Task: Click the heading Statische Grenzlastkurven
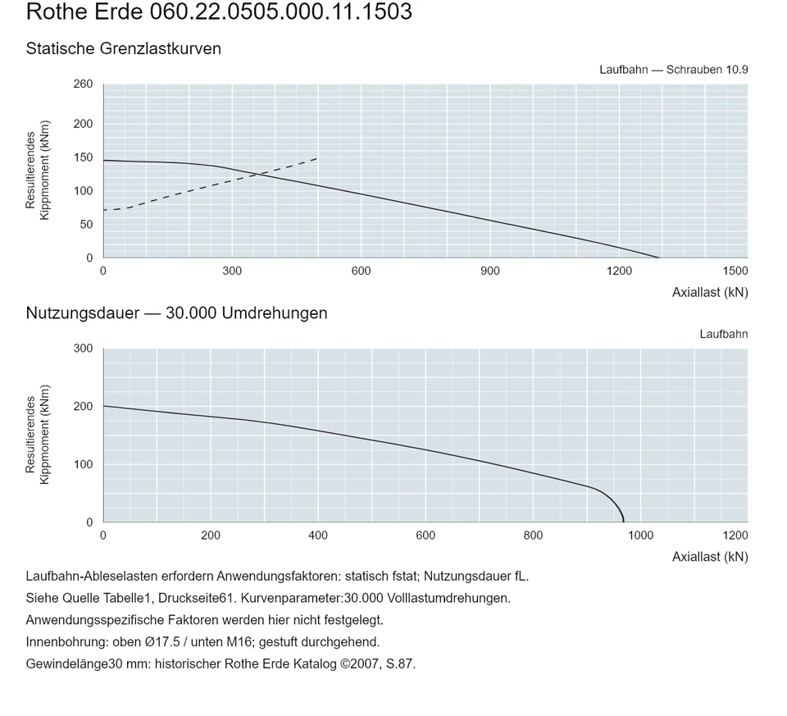point(124,48)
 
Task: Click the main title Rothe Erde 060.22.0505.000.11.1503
point(219,11)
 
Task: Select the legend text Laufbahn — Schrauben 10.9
point(674,70)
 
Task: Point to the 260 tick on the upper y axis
point(84,84)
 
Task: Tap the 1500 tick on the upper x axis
point(735,271)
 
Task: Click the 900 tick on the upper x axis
point(490,271)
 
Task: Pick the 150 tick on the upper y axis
point(84,157)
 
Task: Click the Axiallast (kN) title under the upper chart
point(710,292)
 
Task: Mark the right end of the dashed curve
point(317,158)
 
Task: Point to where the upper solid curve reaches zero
point(658,258)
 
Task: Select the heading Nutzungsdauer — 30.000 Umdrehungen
point(177,313)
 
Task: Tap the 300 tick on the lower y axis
point(84,349)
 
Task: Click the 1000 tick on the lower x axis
point(641,536)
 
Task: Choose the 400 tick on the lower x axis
point(318,536)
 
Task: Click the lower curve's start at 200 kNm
point(104,406)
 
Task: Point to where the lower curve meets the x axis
point(623,522)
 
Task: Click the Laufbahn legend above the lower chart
point(724,335)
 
